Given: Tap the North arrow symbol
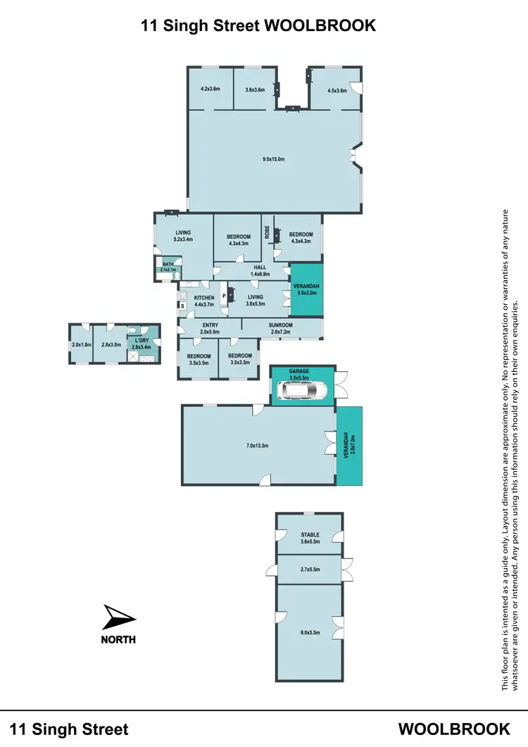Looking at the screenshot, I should [x=118, y=617].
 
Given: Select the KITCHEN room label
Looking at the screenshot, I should [x=204, y=298].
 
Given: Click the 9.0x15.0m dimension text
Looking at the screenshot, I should [x=273, y=159].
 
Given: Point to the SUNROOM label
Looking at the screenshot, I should [x=280, y=325].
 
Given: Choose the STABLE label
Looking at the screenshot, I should [x=310, y=534].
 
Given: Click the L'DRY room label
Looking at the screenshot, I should [x=142, y=341].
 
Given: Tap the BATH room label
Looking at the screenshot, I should [x=168, y=264].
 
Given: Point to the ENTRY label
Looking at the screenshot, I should [x=210, y=325].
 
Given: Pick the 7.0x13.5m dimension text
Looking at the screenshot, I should [x=257, y=445].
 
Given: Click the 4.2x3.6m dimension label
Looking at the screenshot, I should [x=210, y=89].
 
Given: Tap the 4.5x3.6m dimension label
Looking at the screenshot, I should [x=337, y=89].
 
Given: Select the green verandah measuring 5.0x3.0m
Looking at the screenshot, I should [x=308, y=289].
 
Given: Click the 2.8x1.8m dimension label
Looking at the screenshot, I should [x=82, y=344].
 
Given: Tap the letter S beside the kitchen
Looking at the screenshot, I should [x=182, y=306].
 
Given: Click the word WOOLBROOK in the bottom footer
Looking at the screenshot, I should [x=454, y=729].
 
